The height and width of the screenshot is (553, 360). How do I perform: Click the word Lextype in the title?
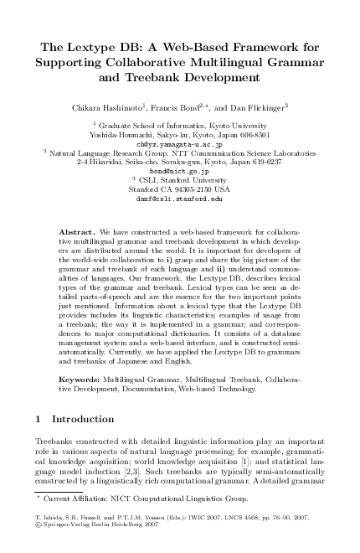pyautogui.click(x=99, y=49)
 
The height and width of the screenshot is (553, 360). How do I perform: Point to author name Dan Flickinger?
pyautogui.click(x=260, y=107)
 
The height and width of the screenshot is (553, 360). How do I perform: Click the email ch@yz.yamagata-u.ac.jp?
pyautogui.click(x=180, y=143)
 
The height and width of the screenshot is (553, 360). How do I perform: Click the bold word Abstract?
pyautogui.click(x=76, y=230)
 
